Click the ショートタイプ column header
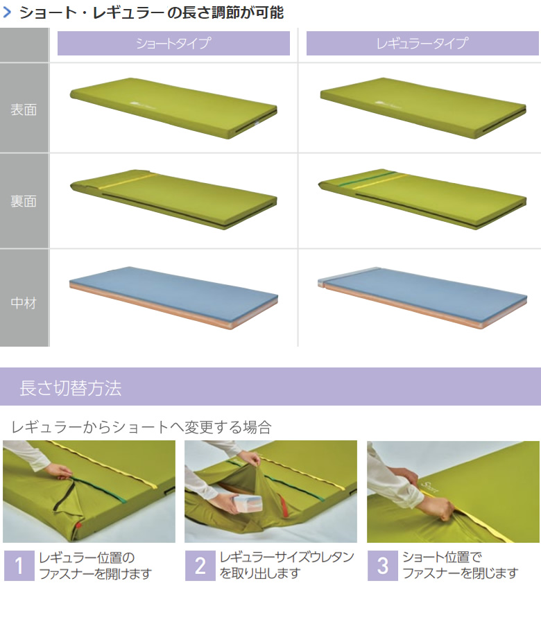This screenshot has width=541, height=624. [173, 43]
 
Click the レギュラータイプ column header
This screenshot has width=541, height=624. [422, 43]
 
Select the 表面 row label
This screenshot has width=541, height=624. [24, 110]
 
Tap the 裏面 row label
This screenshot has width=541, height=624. [24, 201]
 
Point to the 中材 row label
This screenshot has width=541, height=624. [24, 303]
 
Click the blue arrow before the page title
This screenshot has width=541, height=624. [7, 12]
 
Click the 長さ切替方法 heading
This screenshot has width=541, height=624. [71, 388]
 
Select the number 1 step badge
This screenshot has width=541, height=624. [19, 566]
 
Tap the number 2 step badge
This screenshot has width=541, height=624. [200, 566]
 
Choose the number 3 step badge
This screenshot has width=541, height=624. [383, 566]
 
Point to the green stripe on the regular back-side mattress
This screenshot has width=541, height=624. [368, 178]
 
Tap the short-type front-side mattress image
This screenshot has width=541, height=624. [174, 108]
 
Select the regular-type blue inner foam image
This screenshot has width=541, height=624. [422, 297]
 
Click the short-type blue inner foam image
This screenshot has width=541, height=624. [174, 297]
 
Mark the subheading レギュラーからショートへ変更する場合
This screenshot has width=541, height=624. [141, 427]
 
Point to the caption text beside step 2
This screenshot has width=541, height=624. [286, 565]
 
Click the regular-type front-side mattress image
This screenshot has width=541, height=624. [423, 108]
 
